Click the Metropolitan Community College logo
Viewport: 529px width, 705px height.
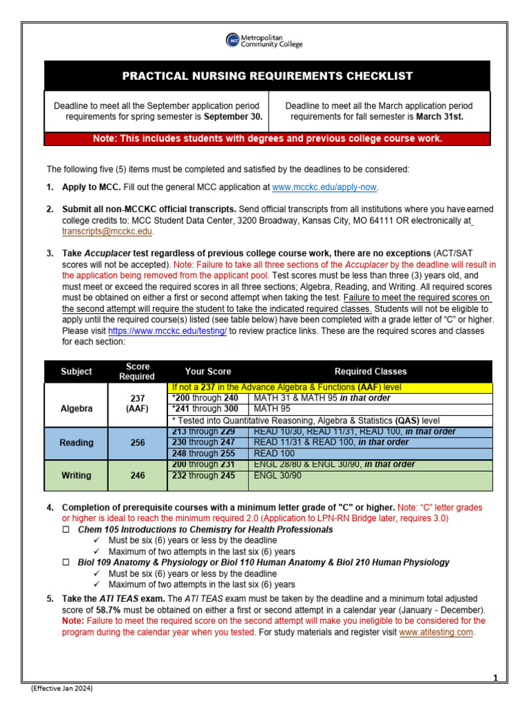coord(264,41)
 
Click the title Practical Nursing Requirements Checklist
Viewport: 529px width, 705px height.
coord(267,76)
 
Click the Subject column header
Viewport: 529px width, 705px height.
coord(76,371)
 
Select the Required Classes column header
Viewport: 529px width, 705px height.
coord(371,371)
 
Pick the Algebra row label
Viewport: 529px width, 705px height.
coord(76,408)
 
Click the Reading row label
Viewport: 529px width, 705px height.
coord(76,443)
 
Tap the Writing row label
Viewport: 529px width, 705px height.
coord(76,474)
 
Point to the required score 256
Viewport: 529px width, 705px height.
coord(137,443)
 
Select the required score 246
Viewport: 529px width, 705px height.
coord(137,474)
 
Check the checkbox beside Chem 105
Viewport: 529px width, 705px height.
coord(67,530)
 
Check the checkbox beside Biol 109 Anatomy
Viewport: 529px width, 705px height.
coord(67,562)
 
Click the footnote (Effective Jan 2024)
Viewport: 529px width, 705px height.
coord(61,688)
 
